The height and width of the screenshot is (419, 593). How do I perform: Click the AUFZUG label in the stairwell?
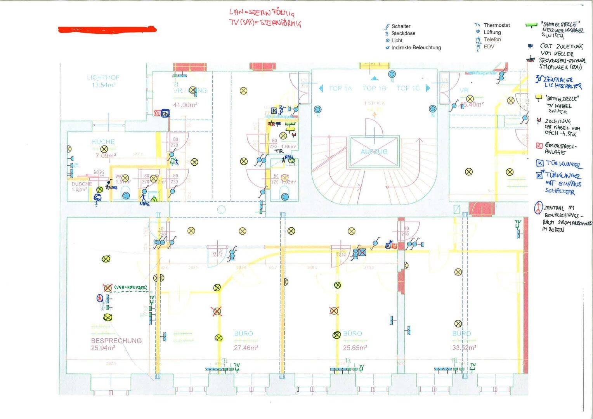374,152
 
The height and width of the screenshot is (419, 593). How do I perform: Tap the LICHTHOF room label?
103,78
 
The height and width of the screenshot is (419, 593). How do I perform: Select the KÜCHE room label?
103,142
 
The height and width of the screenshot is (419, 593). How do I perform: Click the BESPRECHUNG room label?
116,341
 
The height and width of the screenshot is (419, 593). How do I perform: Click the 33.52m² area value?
464,348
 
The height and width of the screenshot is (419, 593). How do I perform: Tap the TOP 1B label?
374,88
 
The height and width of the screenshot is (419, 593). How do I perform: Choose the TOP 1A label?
340,88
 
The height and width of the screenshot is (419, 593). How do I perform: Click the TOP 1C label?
408,88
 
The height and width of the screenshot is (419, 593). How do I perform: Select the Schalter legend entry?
401,26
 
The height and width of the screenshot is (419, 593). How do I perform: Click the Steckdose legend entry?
403,33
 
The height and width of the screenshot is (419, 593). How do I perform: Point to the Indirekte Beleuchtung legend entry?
416,48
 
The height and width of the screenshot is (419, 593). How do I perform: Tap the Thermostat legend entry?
496,25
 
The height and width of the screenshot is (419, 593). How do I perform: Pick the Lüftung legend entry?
492,32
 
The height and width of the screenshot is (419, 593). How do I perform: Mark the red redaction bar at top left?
107,29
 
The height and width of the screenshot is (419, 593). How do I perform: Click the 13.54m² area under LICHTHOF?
103,85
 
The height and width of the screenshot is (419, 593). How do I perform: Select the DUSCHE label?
81,184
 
